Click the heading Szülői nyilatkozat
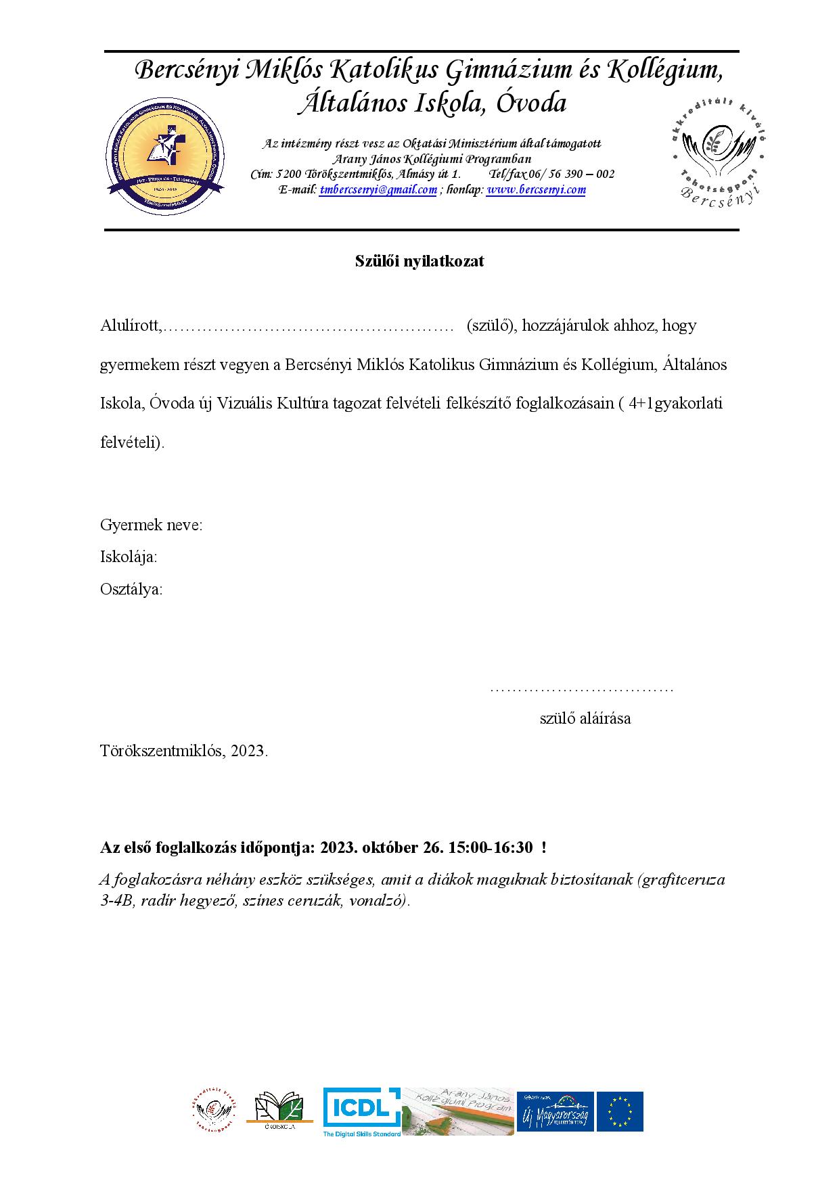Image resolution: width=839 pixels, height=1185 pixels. pyautogui.click(x=419, y=262)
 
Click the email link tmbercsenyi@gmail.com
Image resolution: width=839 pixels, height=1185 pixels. pyautogui.click(x=378, y=190)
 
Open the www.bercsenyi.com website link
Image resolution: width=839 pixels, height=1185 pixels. pyautogui.click(x=536, y=190)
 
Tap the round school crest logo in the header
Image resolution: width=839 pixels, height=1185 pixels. pyautogui.click(x=165, y=156)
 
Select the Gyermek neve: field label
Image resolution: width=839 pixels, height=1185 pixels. pyautogui.click(x=151, y=525)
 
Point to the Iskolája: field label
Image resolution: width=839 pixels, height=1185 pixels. pyautogui.click(x=129, y=557)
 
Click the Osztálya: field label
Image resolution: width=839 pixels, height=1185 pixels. pyautogui.click(x=131, y=589)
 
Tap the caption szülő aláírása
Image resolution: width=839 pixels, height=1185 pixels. pyautogui.click(x=585, y=718)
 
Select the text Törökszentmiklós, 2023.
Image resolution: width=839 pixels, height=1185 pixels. pyautogui.click(x=184, y=751)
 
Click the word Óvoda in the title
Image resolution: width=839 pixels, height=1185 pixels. pyautogui.click(x=531, y=103)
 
